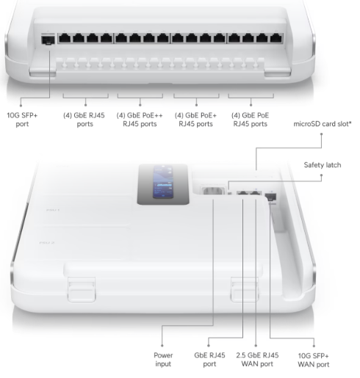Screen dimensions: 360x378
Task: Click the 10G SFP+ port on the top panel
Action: click(x=48, y=40)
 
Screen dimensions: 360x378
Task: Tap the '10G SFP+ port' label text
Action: click(x=22, y=120)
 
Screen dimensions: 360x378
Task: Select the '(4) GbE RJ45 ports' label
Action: click(x=84, y=120)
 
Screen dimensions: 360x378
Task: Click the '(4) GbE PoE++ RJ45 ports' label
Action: click(x=140, y=120)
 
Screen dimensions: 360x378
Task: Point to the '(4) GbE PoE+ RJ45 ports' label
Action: click(x=195, y=120)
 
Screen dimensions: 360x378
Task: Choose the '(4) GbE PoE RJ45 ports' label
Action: click(x=250, y=120)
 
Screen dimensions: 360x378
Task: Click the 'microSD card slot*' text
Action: click(x=323, y=124)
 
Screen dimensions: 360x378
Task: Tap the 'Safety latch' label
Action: click(x=323, y=165)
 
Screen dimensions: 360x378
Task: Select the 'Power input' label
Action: click(x=163, y=360)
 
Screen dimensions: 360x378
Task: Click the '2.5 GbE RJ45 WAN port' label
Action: click(x=257, y=360)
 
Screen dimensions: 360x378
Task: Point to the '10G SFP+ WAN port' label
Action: click(x=314, y=360)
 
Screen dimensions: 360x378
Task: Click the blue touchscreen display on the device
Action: click(x=163, y=182)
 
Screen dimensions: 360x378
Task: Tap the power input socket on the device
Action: click(x=212, y=191)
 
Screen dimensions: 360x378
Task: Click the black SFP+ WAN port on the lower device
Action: click(x=270, y=197)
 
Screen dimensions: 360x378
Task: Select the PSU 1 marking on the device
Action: click(x=53, y=210)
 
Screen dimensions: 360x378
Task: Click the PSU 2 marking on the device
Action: click(x=47, y=242)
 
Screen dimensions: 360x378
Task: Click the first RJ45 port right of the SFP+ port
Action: click(x=65, y=38)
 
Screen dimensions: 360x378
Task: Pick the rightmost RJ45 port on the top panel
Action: click(x=276, y=38)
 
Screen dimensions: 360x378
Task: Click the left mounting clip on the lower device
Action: click(x=82, y=289)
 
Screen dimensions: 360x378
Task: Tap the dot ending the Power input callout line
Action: click(x=162, y=346)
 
